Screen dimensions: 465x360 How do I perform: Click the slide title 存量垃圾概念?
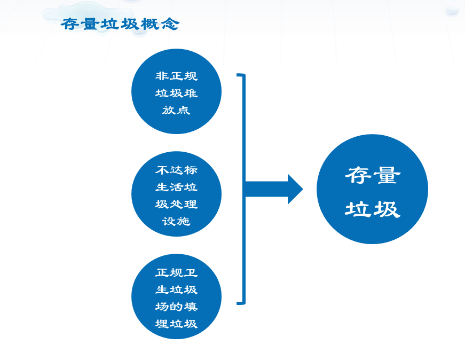(x=120, y=24)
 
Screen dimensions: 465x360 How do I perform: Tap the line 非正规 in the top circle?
(x=177, y=76)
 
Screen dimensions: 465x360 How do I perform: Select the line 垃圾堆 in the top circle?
(x=177, y=93)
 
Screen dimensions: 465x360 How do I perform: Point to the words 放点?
(x=176, y=110)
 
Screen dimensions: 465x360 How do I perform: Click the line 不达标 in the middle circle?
(x=177, y=170)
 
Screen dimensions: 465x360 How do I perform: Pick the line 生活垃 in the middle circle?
(x=177, y=187)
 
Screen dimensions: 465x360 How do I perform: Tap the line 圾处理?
(x=177, y=204)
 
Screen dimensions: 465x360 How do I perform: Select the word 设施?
(x=176, y=221)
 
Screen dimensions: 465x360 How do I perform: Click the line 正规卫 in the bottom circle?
(x=177, y=272)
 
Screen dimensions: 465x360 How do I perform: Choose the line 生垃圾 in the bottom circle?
(x=177, y=289)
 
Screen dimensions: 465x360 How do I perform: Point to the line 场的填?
(x=177, y=307)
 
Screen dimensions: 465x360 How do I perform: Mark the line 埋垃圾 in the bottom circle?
(x=177, y=324)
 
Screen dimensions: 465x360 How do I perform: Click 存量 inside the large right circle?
(x=373, y=175)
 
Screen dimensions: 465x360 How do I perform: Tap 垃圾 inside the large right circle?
(x=373, y=209)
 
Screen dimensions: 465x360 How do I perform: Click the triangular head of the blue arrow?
(x=295, y=189)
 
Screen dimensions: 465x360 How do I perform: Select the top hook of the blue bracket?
(x=241, y=75)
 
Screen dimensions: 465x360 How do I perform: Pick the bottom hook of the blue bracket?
(x=241, y=302)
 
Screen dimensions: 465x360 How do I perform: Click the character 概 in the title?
(x=150, y=24)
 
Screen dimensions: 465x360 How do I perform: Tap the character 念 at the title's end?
(x=170, y=24)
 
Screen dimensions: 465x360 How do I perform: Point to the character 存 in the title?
(x=70, y=24)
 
